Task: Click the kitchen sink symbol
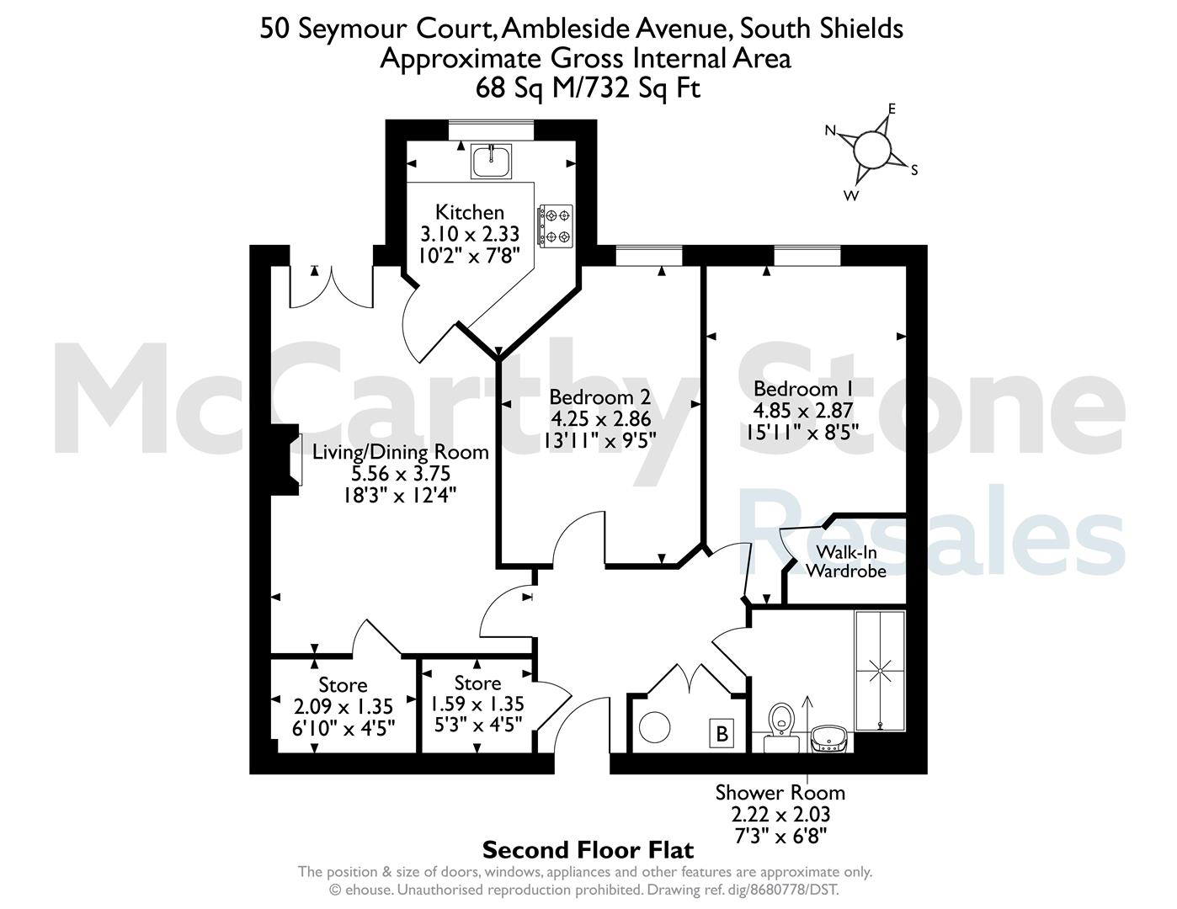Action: (491, 161)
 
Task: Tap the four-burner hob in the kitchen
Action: (556, 226)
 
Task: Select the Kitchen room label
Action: (470, 212)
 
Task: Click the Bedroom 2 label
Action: (599, 396)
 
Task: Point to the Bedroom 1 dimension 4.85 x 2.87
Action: (802, 411)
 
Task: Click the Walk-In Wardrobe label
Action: (846, 561)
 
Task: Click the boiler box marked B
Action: (722, 734)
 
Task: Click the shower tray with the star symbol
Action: (880, 672)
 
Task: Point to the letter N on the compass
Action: (830, 130)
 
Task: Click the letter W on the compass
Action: (851, 195)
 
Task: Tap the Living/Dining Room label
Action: (400, 451)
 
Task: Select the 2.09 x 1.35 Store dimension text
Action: (344, 706)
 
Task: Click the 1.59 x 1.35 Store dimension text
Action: (477, 704)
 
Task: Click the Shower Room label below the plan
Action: (780, 793)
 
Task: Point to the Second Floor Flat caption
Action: (588, 850)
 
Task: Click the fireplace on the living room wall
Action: (286, 460)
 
